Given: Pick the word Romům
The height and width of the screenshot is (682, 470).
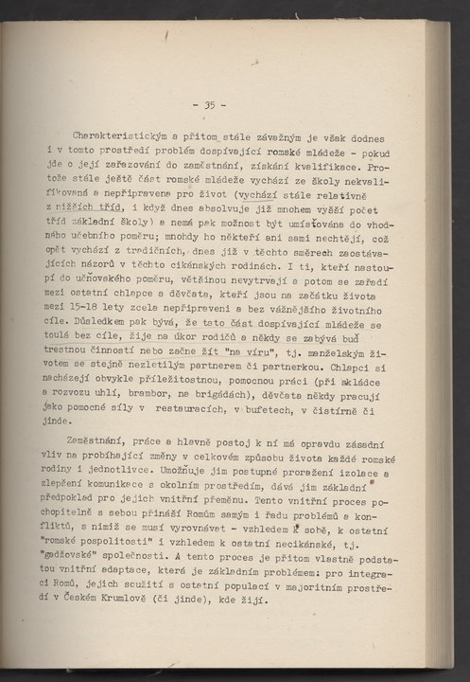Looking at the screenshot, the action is [203, 523].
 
